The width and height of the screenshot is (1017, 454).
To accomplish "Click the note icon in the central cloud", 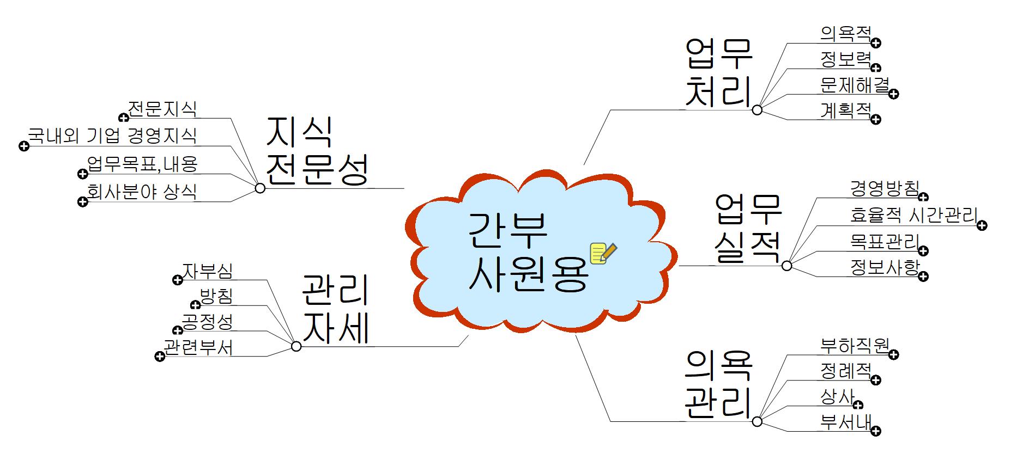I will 603,253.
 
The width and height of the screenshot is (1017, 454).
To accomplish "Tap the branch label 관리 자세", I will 336,309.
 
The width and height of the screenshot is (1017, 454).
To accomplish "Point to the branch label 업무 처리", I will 718,72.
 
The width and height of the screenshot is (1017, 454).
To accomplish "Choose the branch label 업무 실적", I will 748,229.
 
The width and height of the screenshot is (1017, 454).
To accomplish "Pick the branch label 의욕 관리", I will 718,384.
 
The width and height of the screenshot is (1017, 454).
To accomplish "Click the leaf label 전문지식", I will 162,108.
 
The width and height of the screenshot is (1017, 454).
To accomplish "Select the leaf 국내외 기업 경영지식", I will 112,136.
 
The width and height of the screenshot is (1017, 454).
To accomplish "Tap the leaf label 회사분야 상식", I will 142,192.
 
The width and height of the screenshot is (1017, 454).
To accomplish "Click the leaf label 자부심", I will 208,270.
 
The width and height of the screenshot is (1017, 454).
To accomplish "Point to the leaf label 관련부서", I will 198,347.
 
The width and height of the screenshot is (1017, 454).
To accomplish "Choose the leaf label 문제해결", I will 855,85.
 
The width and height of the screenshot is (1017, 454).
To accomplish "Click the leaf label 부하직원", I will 855,345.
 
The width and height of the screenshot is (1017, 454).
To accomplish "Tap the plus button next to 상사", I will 858,404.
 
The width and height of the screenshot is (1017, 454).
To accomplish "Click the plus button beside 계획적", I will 876,119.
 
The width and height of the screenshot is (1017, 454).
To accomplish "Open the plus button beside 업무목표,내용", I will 82,174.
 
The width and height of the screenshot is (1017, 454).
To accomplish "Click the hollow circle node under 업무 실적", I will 786,266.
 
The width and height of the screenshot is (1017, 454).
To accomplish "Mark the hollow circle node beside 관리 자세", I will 296,346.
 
